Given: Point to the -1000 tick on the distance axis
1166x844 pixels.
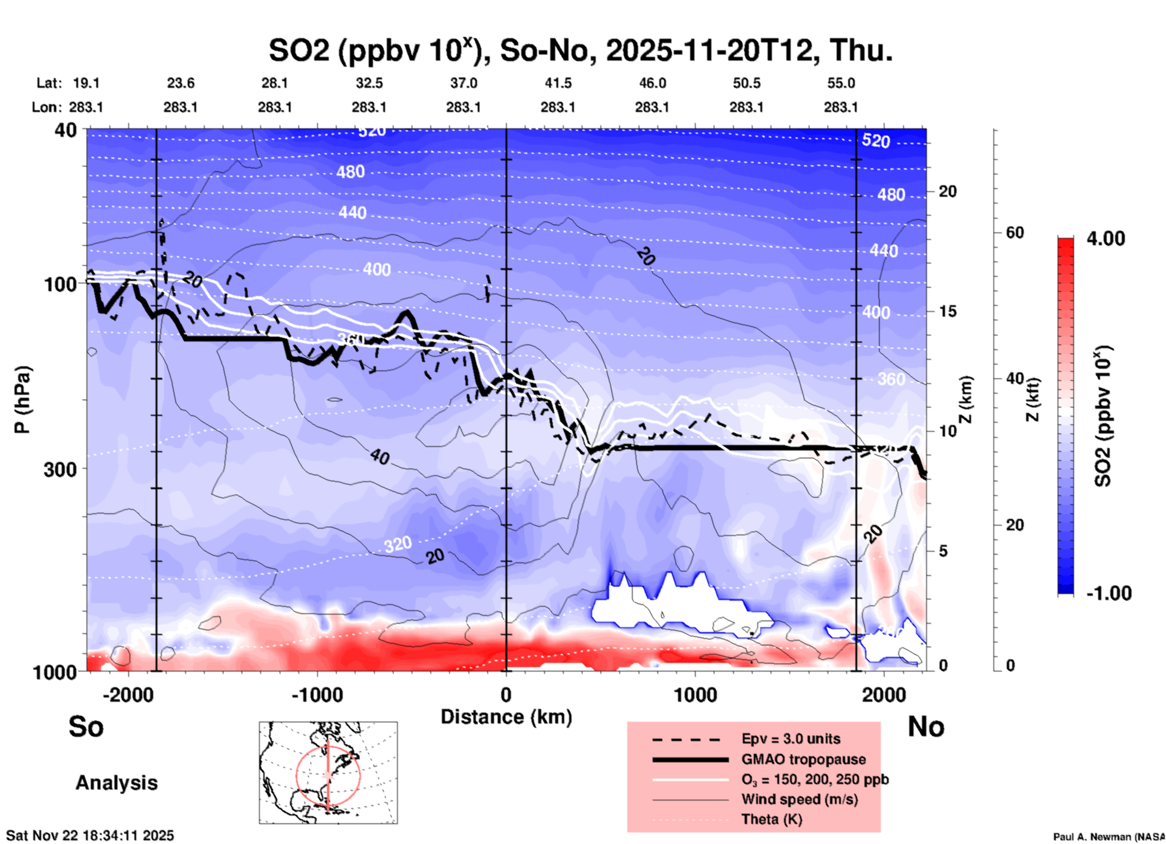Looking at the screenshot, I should (317, 695).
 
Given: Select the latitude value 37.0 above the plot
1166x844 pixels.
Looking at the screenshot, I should (463, 83).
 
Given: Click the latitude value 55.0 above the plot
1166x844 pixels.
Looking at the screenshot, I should (840, 83).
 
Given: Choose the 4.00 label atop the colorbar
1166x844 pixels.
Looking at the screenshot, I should (1105, 239).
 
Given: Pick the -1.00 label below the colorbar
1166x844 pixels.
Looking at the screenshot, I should (1108, 593).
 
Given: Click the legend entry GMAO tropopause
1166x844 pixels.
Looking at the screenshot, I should (803, 759).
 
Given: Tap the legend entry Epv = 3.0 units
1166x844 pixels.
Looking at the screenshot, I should (791, 739).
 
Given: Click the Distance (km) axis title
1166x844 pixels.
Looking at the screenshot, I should (506, 717).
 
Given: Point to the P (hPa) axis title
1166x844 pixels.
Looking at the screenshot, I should (22, 399).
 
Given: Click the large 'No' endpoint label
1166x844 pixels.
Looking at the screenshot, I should (926, 727).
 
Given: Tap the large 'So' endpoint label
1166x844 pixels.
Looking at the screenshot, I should (86, 727).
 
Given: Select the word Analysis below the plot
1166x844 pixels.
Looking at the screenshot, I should (116, 783).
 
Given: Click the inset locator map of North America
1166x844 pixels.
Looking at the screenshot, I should (328, 773).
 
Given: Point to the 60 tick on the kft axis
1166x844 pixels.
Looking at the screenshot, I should (1015, 232).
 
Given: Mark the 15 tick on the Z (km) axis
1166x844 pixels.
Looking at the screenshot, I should (947, 311).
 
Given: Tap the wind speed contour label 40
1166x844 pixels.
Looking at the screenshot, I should (380, 457).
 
